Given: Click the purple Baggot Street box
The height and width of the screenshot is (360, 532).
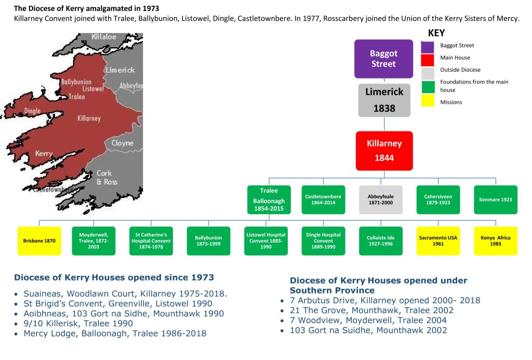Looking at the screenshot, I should pos(383,59).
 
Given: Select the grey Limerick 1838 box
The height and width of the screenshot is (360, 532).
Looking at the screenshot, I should pos(384,100).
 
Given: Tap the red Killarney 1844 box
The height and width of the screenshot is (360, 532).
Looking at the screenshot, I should pos(384,151).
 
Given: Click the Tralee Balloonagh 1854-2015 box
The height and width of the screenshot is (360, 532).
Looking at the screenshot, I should pos(269,199).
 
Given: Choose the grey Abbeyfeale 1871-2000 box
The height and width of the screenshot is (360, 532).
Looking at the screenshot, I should pos(381,199).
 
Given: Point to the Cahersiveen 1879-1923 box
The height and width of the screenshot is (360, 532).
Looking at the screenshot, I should pos(438,199).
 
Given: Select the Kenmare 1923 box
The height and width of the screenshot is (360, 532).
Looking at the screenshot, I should pos(496,199).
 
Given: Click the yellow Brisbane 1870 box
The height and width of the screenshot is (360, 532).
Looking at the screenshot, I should pos(39,241).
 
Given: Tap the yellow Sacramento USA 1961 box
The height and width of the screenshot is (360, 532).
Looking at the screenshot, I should pos(438,241).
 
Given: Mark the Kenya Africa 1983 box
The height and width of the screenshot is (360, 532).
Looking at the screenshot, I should pos(496,241).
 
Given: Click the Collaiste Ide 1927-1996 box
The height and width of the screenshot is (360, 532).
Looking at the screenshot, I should pos(381,241).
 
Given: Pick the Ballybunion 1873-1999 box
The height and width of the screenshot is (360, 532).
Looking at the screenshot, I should pos(208,241).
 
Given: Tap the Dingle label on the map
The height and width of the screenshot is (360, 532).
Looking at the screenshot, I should pos(32,111).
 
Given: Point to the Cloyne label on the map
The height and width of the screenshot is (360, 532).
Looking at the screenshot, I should pos(122,143).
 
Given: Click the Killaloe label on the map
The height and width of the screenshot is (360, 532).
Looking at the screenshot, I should pos(104,37).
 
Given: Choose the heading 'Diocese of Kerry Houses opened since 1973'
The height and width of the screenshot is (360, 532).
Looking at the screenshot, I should pos(114,277).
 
